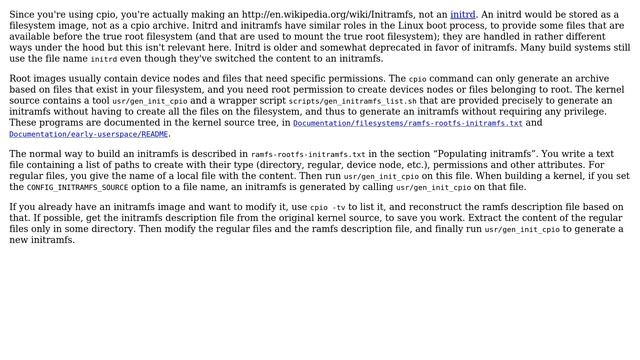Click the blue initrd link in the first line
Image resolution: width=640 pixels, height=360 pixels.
coord(463,14)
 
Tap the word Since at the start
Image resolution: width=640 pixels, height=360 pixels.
coord(26,14)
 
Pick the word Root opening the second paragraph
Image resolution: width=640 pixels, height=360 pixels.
coord(25,78)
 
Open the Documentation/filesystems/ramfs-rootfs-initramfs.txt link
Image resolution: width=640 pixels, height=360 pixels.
coord(407,123)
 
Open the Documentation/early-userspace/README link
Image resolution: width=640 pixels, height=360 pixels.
coord(89,134)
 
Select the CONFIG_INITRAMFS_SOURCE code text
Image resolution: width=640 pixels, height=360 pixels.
coord(77,187)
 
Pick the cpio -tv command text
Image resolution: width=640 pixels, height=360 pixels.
coord(330,207)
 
